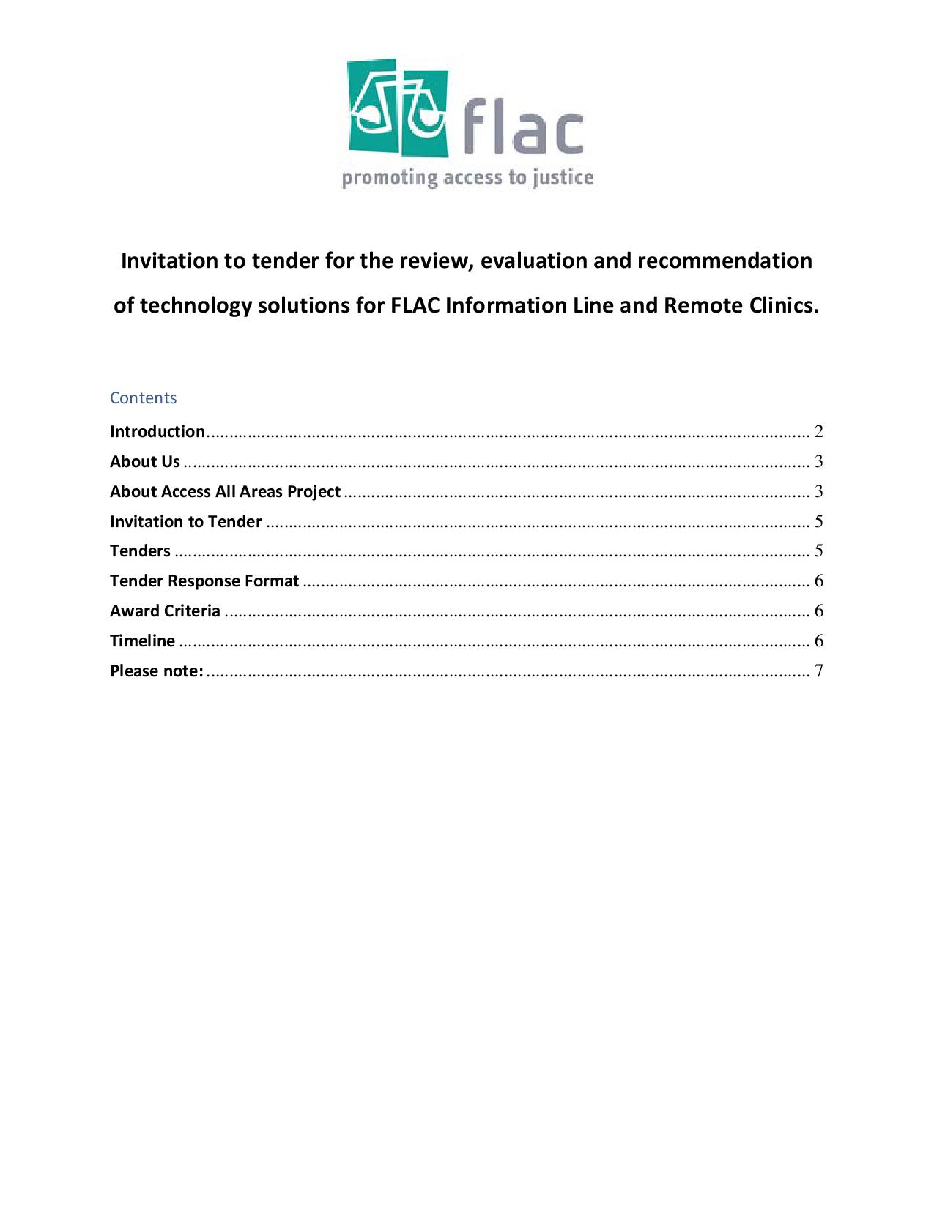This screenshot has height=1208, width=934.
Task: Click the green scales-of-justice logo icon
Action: click(x=398, y=108)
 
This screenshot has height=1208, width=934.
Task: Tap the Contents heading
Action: click(x=144, y=398)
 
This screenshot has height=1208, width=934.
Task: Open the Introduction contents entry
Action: click(x=157, y=432)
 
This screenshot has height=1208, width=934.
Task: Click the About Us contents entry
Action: click(x=145, y=462)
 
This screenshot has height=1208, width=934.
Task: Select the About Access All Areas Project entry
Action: click(x=226, y=492)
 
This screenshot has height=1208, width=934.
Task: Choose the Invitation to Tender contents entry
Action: click(x=186, y=522)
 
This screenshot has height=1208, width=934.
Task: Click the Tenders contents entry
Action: click(x=140, y=551)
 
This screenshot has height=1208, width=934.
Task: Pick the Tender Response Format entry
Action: click(x=204, y=581)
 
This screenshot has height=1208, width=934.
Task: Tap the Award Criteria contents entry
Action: click(x=165, y=611)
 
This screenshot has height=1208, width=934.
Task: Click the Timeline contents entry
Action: click(x=143, y=641)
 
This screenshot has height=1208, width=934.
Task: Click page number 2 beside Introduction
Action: click(x=819, y=432)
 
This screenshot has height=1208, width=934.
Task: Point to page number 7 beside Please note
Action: click(x=819, y=671)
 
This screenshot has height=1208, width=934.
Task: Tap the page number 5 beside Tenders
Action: click(x=819, y=551)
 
